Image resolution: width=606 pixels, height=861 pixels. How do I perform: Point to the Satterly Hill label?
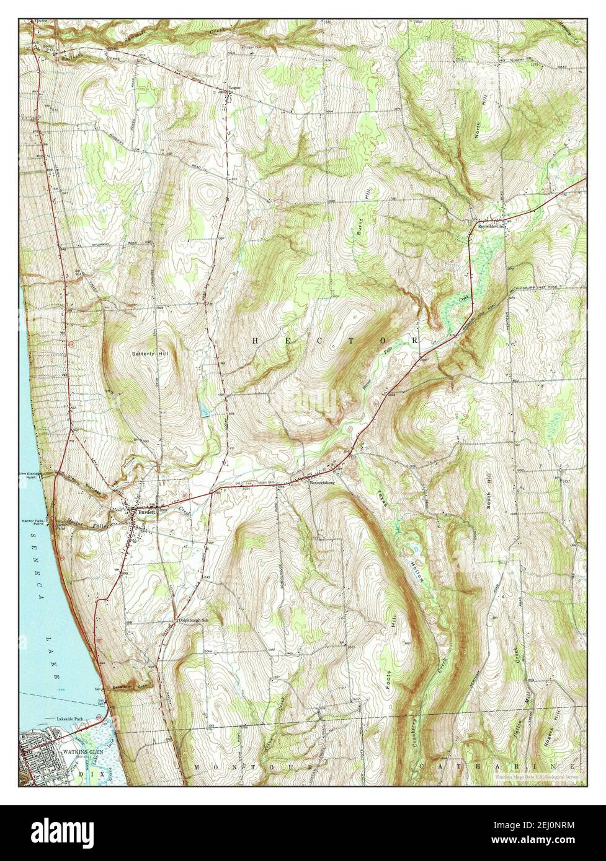click(x=150, y=354)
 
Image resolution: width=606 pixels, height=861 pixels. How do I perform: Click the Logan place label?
click(x=234, y=87)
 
